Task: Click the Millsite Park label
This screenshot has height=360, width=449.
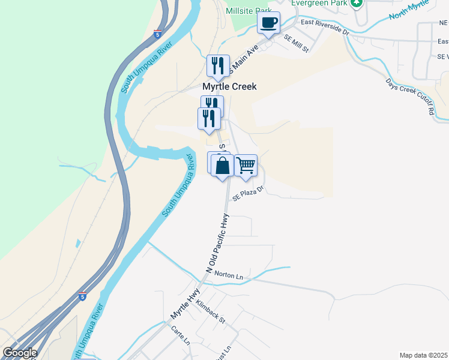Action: pyautogui.click(x=248, y=11)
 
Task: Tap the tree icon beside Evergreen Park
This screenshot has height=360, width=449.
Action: pyautogui.click(x=357, y=3)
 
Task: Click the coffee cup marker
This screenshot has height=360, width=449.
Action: pyautogui.click(x=269, y=24)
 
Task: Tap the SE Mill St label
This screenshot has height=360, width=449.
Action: pyautogui.click(x=296, y=43)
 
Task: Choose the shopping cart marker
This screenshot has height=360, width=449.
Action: pyautogui.click(x=246, y=166)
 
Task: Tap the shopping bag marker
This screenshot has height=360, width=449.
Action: pyautogui.click(x=222, y=166)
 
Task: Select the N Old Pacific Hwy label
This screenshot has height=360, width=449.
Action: pyautogui.click(x=218, y=245)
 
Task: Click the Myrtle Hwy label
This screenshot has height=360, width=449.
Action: pyautogui.click(x=185, y=305)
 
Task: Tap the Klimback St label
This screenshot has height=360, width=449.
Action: pyautogui.click(x=209, y=312)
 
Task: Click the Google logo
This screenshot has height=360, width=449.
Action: pyautogui.click(x=20, y=353)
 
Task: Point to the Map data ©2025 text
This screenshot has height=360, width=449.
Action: pyautogui.click(x=423, y=355)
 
